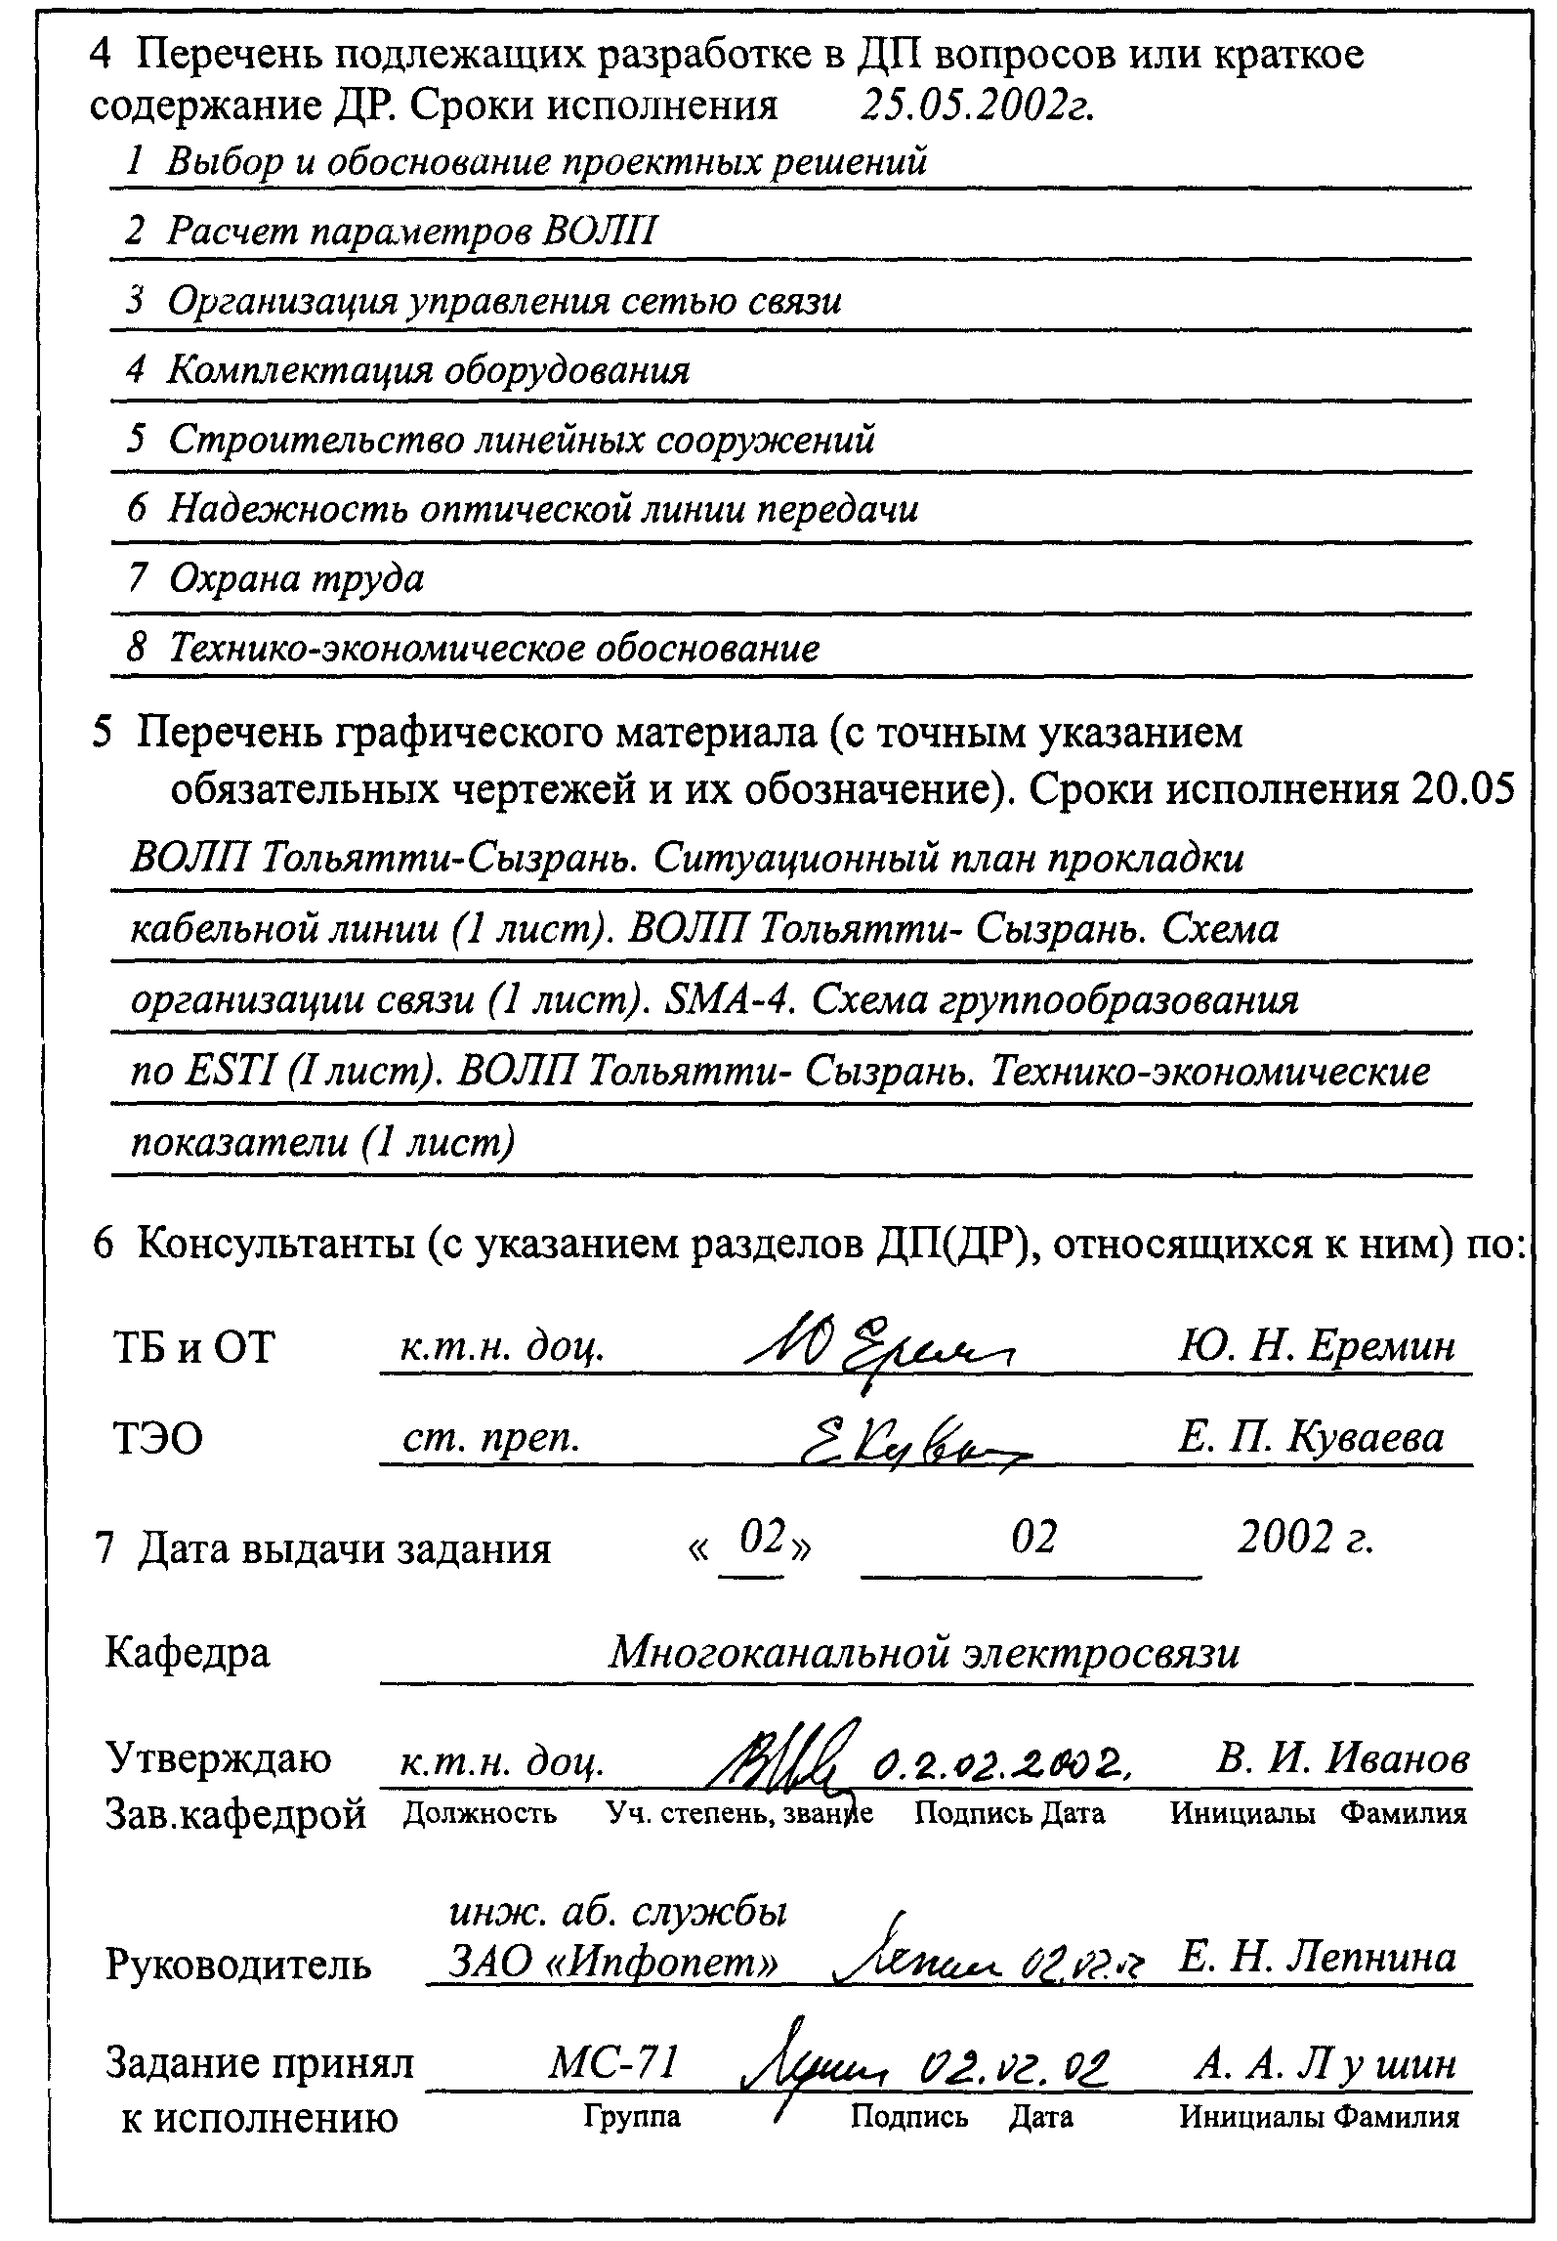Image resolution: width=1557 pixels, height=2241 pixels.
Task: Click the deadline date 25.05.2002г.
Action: click(x=976, y=104)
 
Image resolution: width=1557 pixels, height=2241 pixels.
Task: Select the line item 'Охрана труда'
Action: click(x=296, y=578)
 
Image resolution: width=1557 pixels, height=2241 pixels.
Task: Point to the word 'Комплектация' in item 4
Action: click(x=299, y=370)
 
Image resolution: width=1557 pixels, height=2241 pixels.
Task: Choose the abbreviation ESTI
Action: click(x=231, y=1072)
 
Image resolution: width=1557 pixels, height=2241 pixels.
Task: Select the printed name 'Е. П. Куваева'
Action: click(x=1311, y=1437)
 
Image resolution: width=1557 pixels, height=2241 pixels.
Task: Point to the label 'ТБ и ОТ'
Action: click(x=194, y=1348)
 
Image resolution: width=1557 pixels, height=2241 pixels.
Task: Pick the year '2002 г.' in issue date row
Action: click(x=1305, y=1540)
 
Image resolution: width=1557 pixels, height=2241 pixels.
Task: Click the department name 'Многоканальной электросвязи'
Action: click(x=924, y=1652)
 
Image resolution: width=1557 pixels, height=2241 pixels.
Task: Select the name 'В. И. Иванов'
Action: click(x=1342, y=1758)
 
